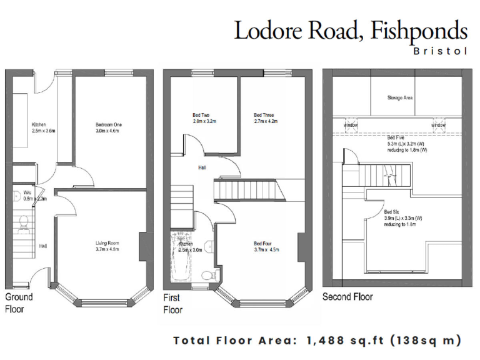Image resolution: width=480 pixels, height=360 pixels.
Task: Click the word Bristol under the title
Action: click(441, 51)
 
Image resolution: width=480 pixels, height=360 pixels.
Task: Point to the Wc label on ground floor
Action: click(27, 192)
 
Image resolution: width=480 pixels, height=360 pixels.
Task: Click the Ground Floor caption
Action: click(19, 302)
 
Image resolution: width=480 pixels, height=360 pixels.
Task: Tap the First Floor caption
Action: click(172, 304)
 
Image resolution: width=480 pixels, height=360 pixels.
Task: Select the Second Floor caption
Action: click(347, 297)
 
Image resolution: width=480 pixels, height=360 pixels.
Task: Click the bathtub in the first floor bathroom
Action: click(179, 256)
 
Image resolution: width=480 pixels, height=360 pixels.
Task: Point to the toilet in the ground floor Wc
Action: click(24, 221)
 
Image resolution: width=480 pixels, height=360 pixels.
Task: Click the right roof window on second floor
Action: click(438, 124)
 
